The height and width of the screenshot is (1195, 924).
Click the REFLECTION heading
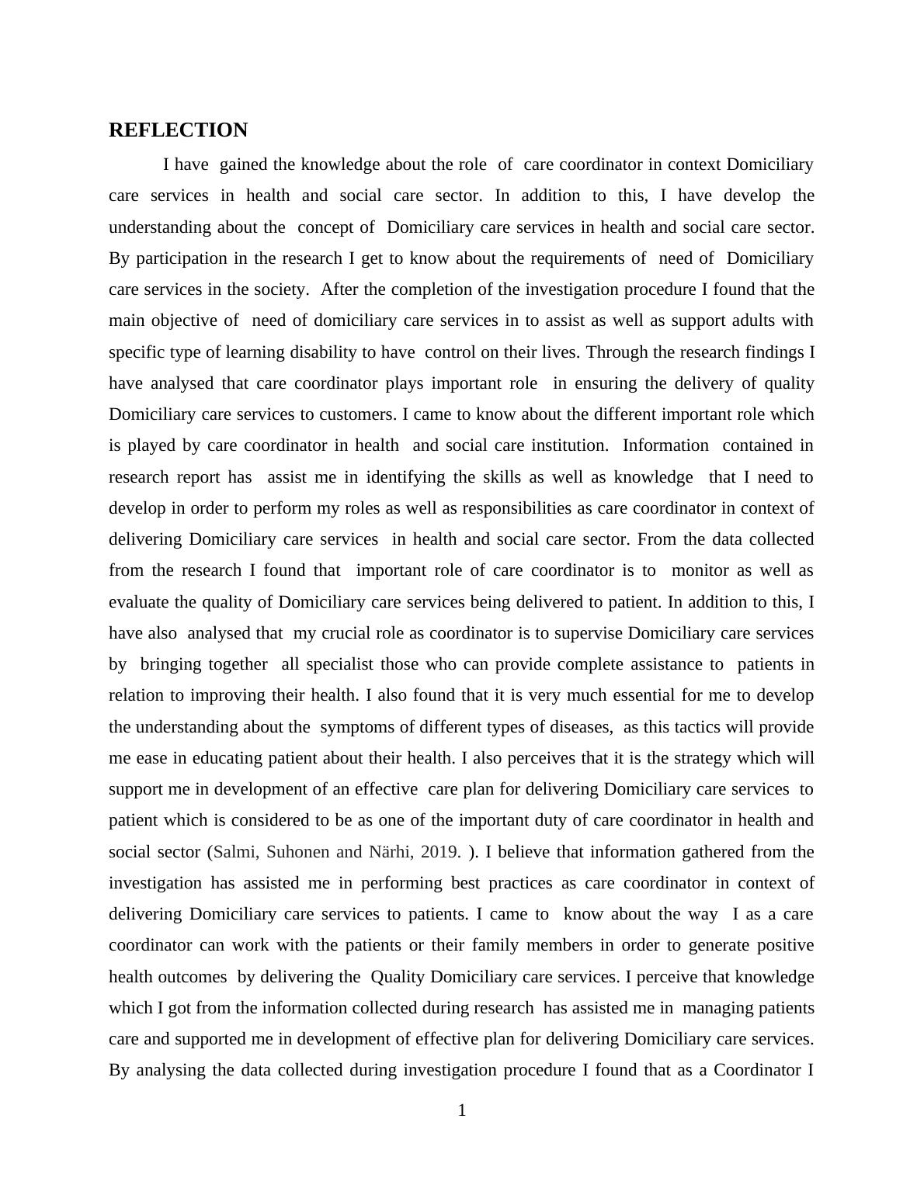tap(178, 130)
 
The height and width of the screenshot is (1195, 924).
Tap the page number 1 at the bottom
tap(462, 1110)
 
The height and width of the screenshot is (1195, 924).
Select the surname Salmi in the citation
tap(234, 852)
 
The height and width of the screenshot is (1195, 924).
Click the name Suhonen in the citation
tap(298, 852)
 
